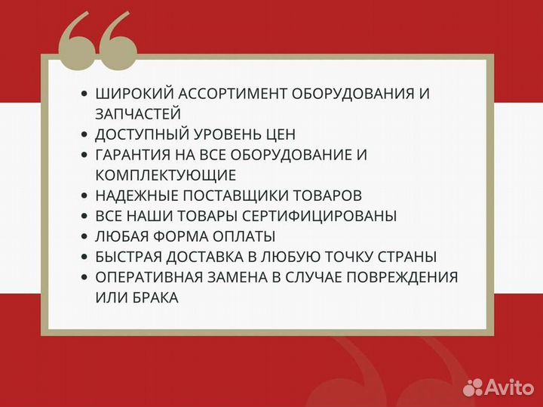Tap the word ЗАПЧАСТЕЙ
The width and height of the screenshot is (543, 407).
[138, 114]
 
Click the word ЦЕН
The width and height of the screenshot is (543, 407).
[280, 134]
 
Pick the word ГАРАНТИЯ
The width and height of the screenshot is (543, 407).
[136, 155]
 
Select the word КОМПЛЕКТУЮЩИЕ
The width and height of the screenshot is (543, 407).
[166, 175]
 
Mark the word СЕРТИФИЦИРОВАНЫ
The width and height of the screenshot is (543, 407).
[335, 216]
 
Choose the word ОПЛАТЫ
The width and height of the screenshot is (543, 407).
[247, 236]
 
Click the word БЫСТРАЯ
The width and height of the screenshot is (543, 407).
[130, 257]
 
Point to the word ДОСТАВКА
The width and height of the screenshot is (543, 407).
[207, 257]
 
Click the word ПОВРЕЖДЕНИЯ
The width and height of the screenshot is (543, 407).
[400, 277]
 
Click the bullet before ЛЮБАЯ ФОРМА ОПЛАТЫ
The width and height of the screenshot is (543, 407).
[84, 236]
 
